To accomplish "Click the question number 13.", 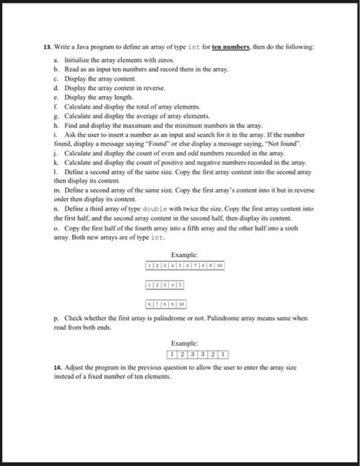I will pos(47,47).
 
